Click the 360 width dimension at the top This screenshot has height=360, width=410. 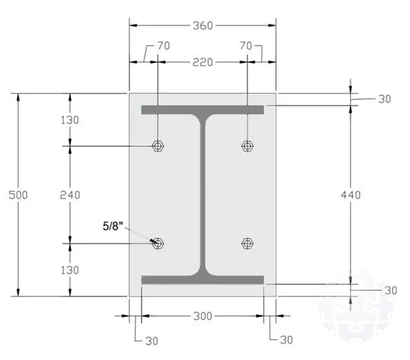tap(203, 25)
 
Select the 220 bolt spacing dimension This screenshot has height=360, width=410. tap(203, 63)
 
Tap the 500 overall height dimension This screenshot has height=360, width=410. tap(18, 195)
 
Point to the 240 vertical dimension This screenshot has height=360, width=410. tap(70, 195)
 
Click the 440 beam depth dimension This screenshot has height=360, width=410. tap(351, 195)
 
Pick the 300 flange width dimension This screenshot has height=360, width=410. tap(203, 316)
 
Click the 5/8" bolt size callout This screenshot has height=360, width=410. tap(113, 226)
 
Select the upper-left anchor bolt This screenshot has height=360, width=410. tap(158, 146)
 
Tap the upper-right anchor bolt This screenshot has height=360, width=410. tap(247, 146)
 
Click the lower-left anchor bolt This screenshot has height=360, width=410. tap(158, 244)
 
